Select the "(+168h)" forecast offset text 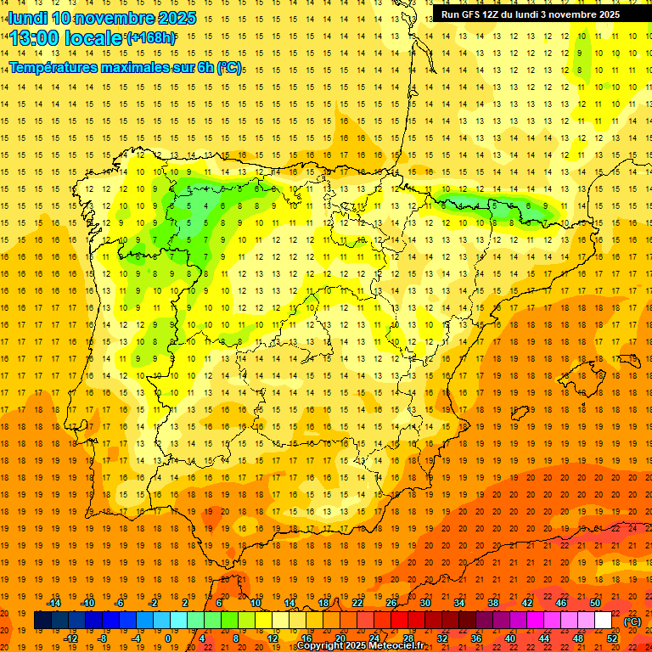[x=151, y=38]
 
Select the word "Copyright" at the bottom [x=322, y=646]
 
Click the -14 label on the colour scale [x=53, y=603]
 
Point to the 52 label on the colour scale [x=612, y=638]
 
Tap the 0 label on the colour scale [x=168, y=638]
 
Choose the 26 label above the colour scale [x=391, y=603]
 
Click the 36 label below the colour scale [x=476, y=638]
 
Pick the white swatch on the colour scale [x=603, y=621]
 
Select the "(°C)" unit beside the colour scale [x=632, y=621]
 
